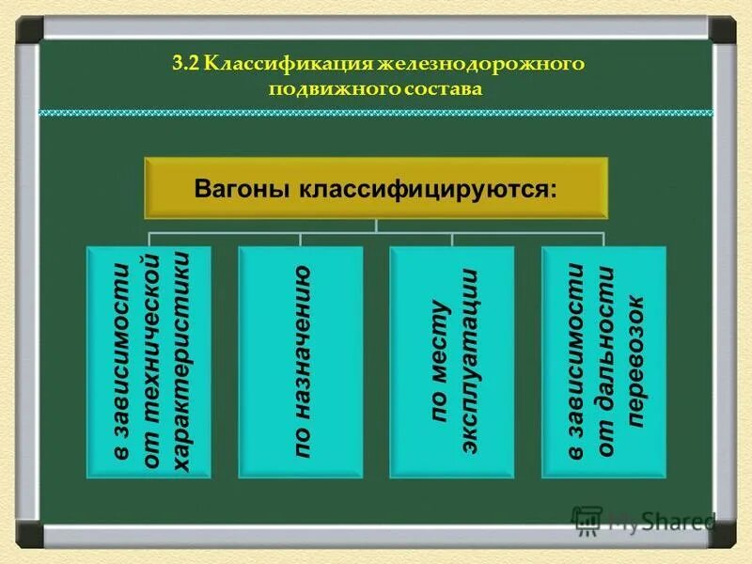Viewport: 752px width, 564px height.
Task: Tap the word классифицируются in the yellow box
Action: coord(429,188)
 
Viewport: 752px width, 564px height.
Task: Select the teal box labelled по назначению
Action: coord(300,363)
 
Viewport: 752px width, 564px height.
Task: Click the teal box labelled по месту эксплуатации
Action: coord(451,363)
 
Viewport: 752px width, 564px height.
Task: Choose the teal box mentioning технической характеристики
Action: coord(149,363)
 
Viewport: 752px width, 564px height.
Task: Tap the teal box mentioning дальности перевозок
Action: coord(604,363)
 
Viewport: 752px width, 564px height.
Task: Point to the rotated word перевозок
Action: coord(635,363)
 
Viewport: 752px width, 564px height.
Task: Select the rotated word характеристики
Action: coord(180,363)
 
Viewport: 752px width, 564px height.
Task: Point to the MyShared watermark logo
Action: coord(644,519)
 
